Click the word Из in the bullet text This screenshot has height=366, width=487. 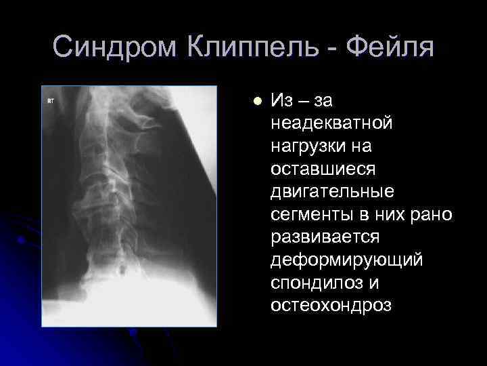point(281,102)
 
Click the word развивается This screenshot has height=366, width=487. point(325,238)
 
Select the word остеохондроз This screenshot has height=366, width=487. point(331,306)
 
